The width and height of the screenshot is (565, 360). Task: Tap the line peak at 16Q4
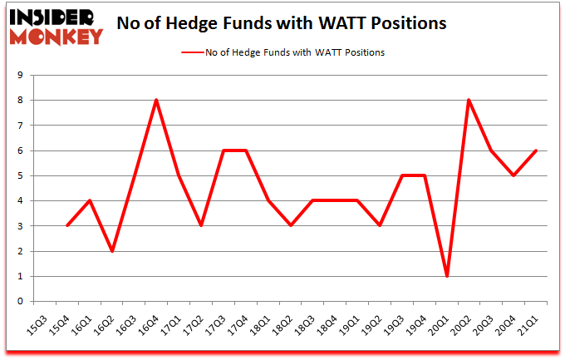(x=156, y=101)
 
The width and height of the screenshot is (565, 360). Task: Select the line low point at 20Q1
(x=447, y=276)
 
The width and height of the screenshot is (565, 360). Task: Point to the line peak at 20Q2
(x=469, y=101)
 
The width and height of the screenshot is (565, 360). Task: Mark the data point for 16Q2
(x=111, y=251)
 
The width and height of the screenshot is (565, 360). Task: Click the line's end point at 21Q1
(x=537, y=150)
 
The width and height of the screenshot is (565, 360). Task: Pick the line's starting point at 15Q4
(x=66, y=226)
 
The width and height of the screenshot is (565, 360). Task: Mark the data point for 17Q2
(x=201, y=226)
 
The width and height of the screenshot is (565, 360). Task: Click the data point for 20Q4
(x=514, y=175)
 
